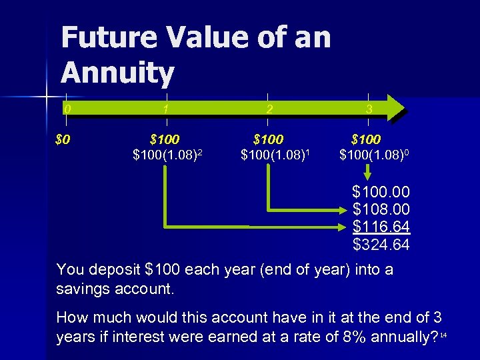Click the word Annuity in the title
point(117,73)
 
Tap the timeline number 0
point(67,108)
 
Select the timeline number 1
point(166,108)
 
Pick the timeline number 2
point(267,108)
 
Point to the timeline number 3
point(369,108)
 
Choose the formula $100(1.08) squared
point(167,156)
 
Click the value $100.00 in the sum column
point(381,193)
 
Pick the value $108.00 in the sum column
point(381,211)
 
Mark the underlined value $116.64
point(381,228)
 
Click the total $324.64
point(381,245)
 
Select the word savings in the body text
point(81,290)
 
